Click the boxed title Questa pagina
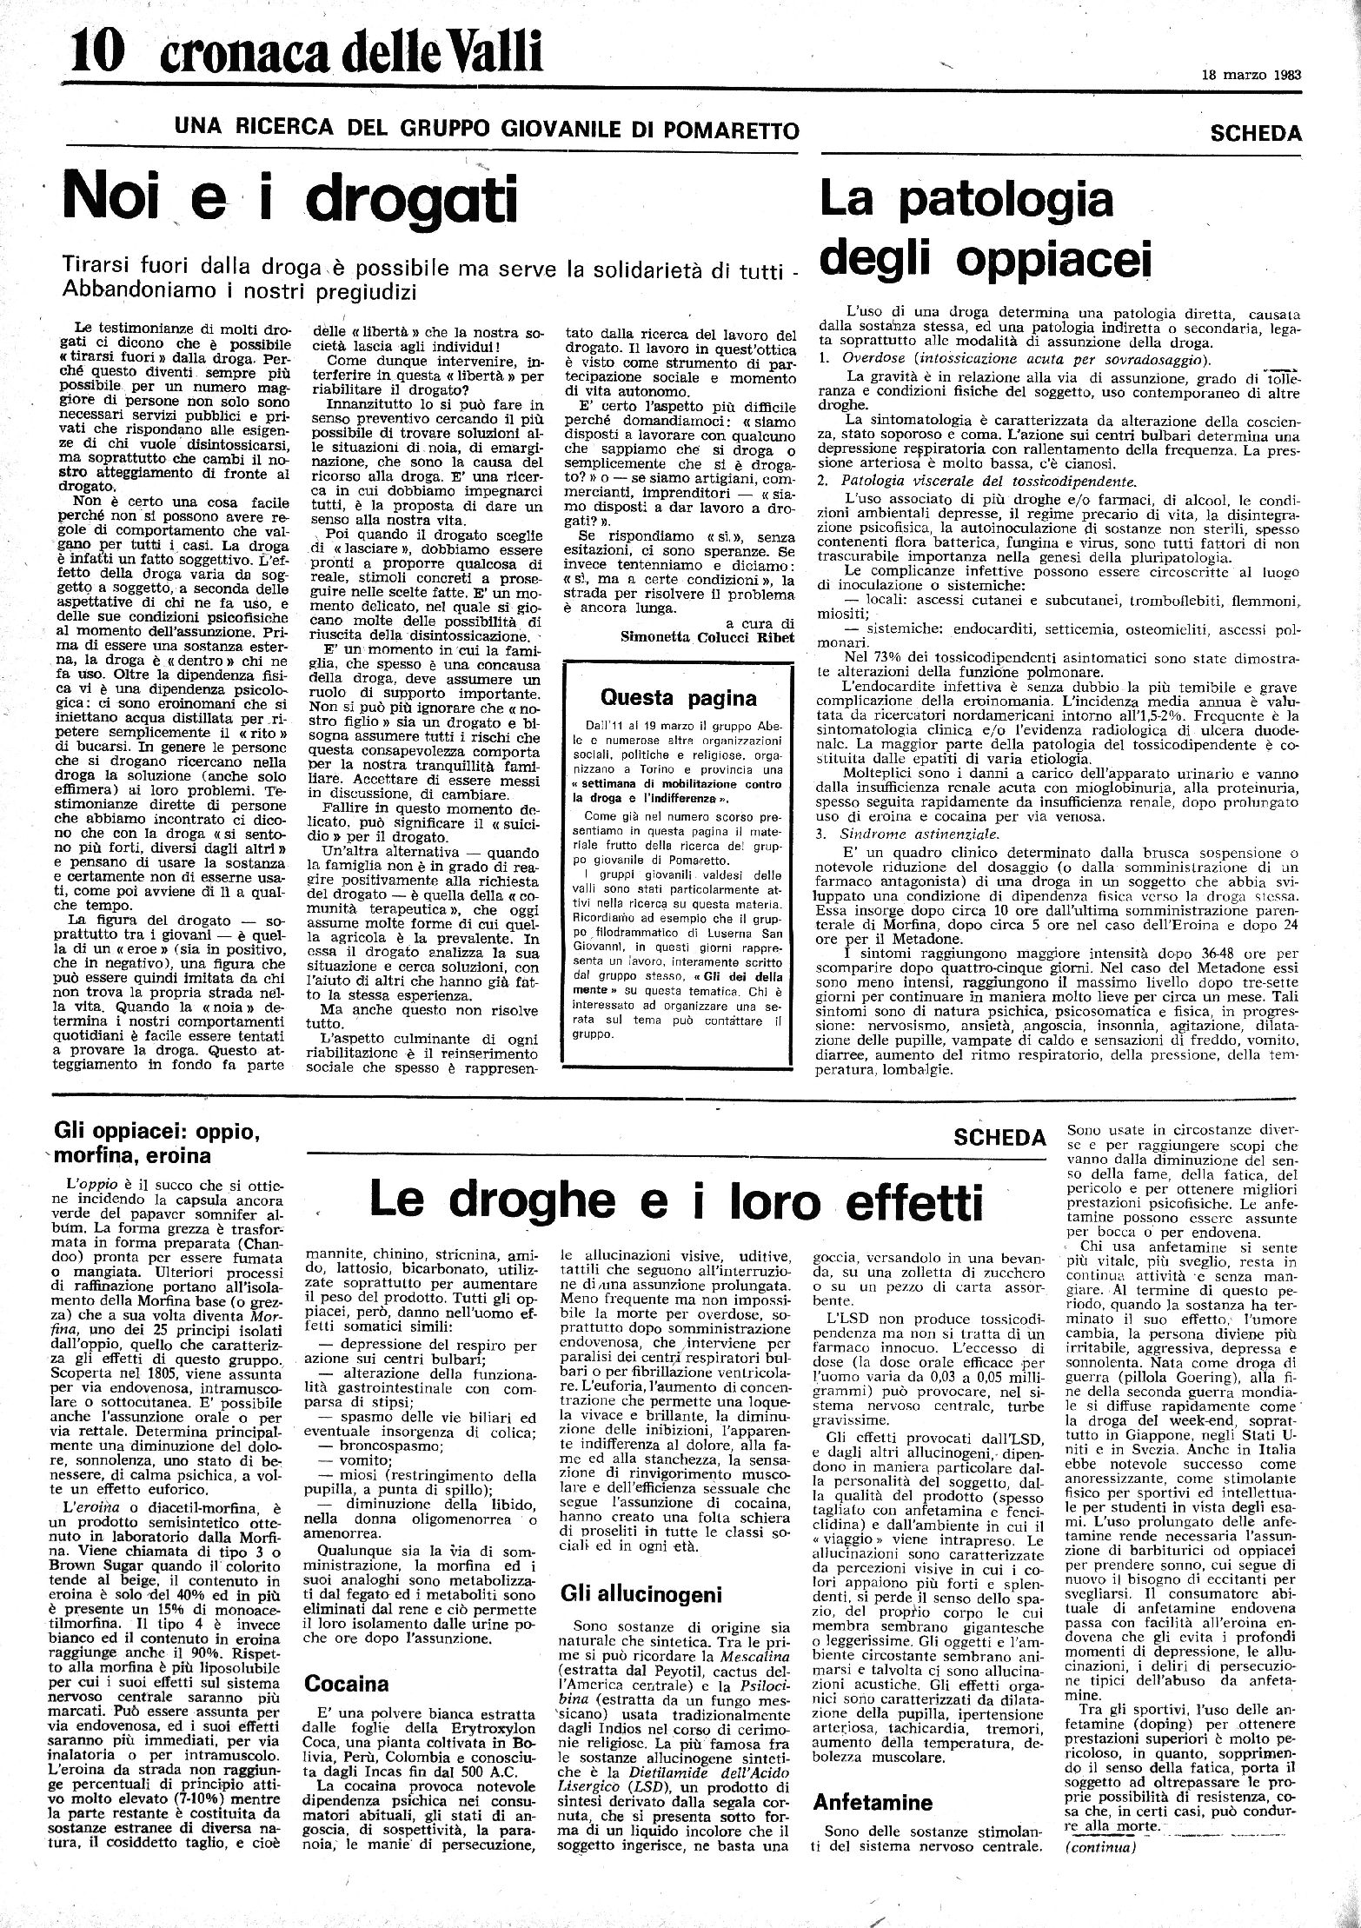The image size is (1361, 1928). (x=680, y=697)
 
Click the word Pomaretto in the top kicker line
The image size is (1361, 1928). (x=727, y=131)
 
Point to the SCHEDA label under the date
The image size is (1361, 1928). (x=1255, y=133)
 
